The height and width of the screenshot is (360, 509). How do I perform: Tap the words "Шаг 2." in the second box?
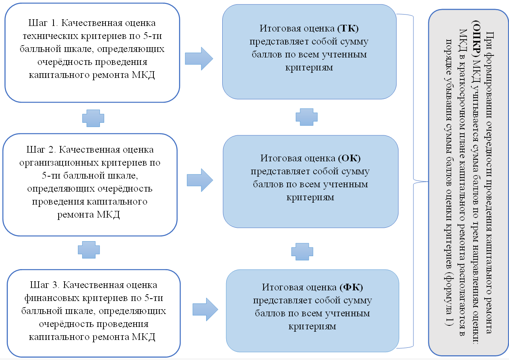pyautogui.click(x=41, y=150)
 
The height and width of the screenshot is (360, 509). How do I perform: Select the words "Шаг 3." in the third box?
pyautogui.click(x=44, y=284)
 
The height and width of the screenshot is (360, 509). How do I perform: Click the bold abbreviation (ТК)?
pyautogui.click(x=349, y=29)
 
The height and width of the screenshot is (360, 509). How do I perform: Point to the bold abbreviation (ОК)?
pyautogui.click(x=349, y=158)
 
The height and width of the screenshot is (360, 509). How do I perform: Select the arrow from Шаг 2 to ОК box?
pyautogui.click(x=200, y=180)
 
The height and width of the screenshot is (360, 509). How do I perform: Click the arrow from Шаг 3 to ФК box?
pyautogui.click(x=205, y=309)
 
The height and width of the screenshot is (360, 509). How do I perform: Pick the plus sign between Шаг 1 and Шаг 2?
pyautogui.click(x=93, y=118)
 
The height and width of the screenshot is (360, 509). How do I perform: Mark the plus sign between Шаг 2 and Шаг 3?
pyautogui.click(x=89, y=249)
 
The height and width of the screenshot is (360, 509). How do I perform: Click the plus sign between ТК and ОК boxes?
pyautogui.click(x=306, y=117)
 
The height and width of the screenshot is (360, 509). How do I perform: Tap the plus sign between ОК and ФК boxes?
pyautogui.click(x=302, y=251)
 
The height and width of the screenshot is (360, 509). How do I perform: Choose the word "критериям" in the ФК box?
pyautogui.click(x=312, y=327)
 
